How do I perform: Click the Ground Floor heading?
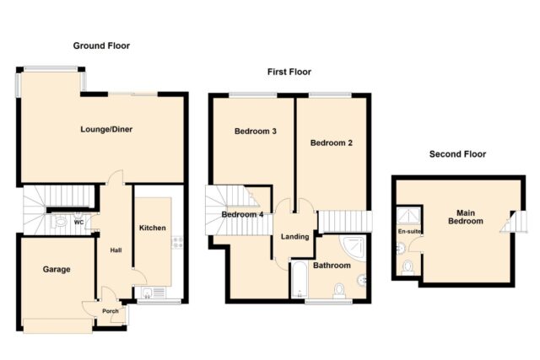pos(101,46)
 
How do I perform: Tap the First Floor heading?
pos(289,72)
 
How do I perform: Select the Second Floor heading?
pos(457,154)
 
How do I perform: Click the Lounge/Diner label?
pos(106,129)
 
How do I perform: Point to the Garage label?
pos(57,270)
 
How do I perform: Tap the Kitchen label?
pos(153,228)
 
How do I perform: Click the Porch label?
pos(111,311)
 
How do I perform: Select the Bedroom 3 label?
pos(256,132)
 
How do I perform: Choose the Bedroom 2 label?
pos(332,142)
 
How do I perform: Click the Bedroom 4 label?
pos(242,215)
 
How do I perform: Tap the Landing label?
pos(294,237)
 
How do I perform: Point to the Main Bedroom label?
pos(466,218)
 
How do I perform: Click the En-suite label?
pos(409,232)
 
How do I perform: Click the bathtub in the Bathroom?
pos(300,280)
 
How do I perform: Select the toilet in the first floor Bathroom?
pos(339,291)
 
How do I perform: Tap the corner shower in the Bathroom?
pos(354,248)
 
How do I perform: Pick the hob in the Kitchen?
pos(177,242)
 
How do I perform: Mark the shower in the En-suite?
pos(408,217)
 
